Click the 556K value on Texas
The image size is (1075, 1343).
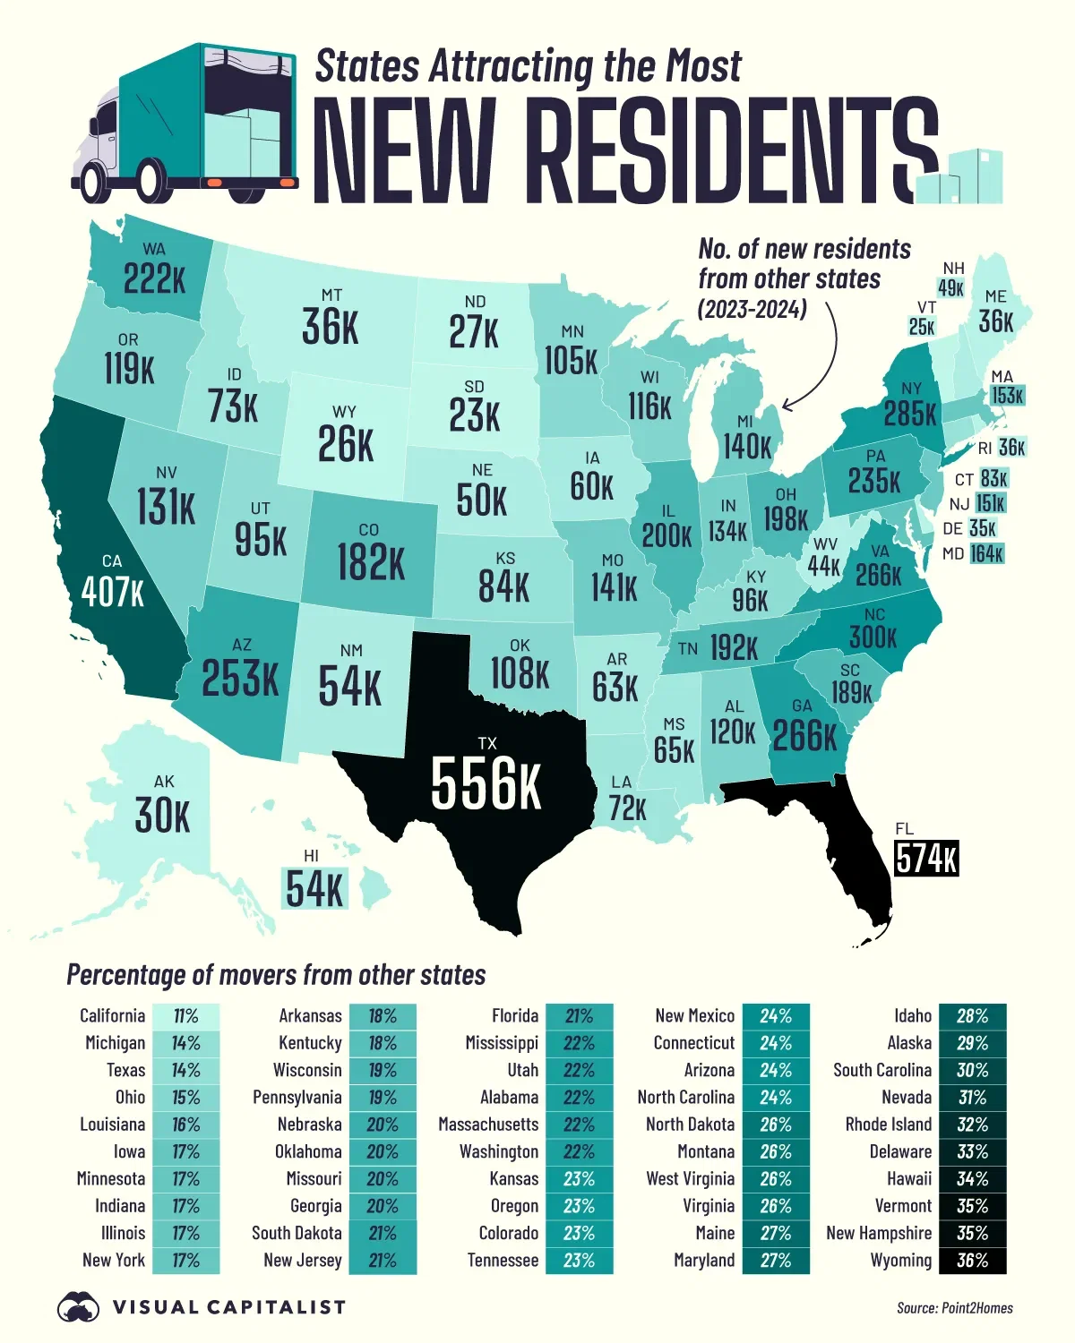pyautogui.click(x=486, y=783)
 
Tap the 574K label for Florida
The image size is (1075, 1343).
pyautogui.click(x=926, y=859)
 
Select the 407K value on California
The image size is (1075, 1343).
pyautogui.click(x=112, y=592)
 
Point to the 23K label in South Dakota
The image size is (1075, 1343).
pyautogui.click(x=475, y=415)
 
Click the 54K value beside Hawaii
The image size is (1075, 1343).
pyautogui.click(x=314, y=888)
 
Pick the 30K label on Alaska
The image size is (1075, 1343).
pyautogui.click(x=162, y=816)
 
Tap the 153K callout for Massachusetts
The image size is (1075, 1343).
pyautogui.click(x=1007, y=396)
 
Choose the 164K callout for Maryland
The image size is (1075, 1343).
pyautogui.click(x=985, y=554)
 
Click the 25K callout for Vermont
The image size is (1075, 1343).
pyautogui.click(x=922, y=327)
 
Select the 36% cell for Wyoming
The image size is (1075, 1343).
pyautogui.click(x=972, y=1261)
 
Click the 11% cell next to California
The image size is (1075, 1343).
pyautogui.click(x=185, y=1016)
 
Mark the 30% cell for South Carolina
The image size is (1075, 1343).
pyautogui.click(x=972, y=1071)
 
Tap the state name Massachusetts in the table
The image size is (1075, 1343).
pyautogui.click(x=488, y=1125)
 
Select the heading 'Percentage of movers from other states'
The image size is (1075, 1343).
pyautogui.click(x=276, y=975)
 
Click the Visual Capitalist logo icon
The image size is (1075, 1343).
pyautogui.click(x=78, y=1307)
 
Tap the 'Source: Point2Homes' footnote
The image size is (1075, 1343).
pyautogui.click(x=954, y=1308)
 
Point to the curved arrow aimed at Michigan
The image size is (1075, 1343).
pyautogui.click(x=820, y=358)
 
